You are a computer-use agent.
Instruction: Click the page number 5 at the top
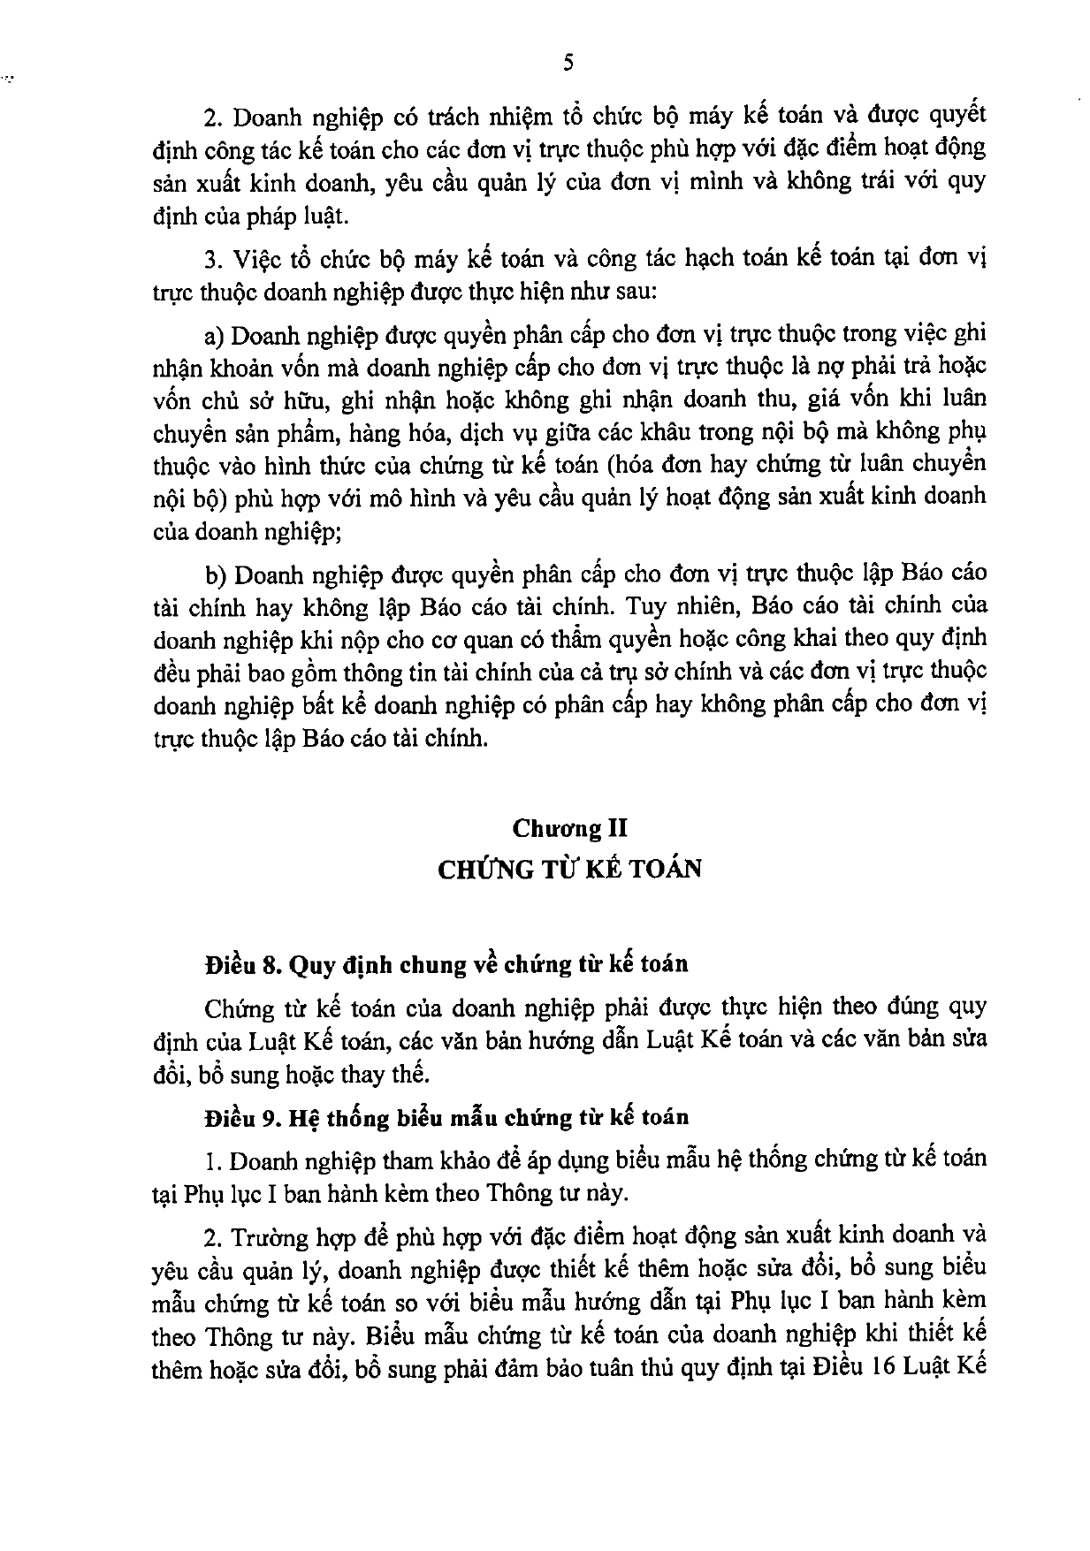pyautogui.click(x=568, y=62)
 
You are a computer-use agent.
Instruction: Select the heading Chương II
pyautogui.click(x=570, y=828)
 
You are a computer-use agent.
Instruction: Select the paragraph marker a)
pyautogui.click(x=213, y=334)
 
